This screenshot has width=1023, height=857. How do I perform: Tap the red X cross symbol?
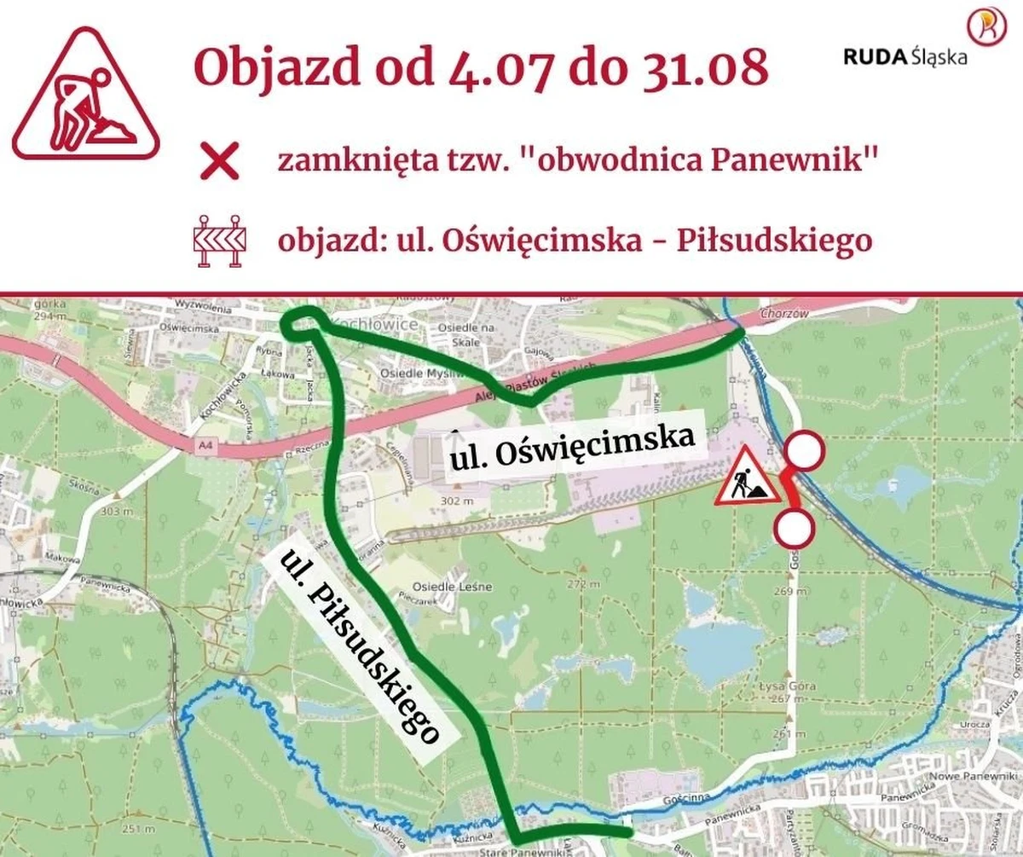219,163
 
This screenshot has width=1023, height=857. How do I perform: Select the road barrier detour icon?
220,241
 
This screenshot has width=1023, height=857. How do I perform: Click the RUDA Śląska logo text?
905,57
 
